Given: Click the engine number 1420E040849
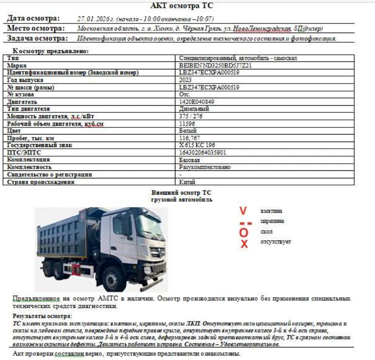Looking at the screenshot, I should pyautogui.click(x=197, y=101).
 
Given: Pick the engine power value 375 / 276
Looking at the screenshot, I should pyautogui.click(x=191, y=116).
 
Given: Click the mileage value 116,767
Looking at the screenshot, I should pyautogui.click(x=189, y=138).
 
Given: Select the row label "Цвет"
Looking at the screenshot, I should pyautogui.click(x=14, y=131).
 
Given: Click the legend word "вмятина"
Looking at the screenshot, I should pyautogui.click(x=271, y=211).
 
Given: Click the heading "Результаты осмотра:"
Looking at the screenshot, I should pyautogui.click(x=42, y=316).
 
